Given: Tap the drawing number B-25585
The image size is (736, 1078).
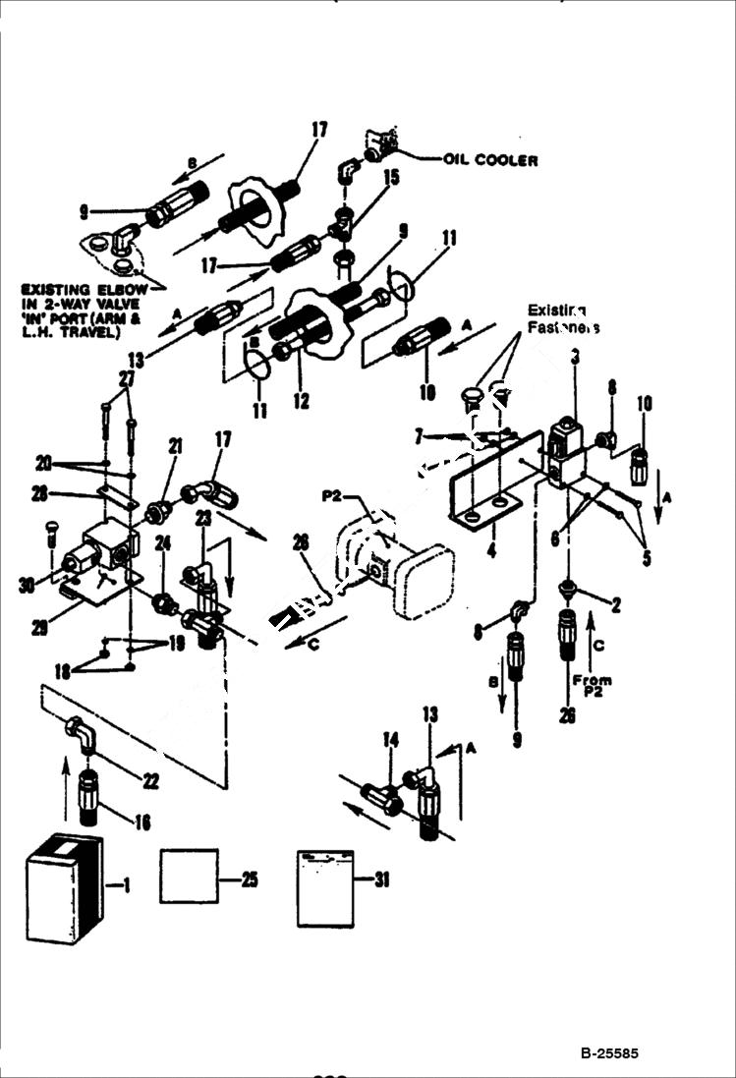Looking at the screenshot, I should (x=608, y=1052).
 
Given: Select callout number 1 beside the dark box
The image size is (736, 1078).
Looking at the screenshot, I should (x=124, y=885).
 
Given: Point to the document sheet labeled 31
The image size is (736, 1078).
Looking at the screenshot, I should (x=324, y=888).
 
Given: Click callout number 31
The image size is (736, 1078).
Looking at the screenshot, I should (x=380, y=880).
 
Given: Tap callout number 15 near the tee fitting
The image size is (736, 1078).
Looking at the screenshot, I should (x=365, y=177).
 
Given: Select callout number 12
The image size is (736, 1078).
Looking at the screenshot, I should (x=300, y=401).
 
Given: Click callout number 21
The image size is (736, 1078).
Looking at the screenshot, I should (x=177, y=447).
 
